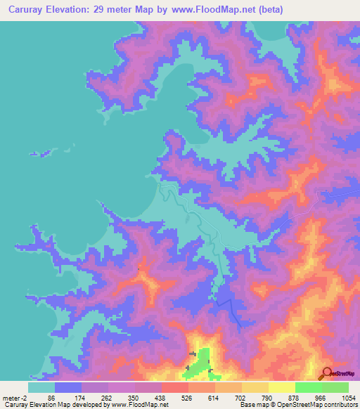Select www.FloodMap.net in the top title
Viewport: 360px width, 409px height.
point(223,10)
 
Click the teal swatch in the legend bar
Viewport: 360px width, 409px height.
point(41,387)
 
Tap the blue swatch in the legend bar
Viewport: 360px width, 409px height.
point(68,387)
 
